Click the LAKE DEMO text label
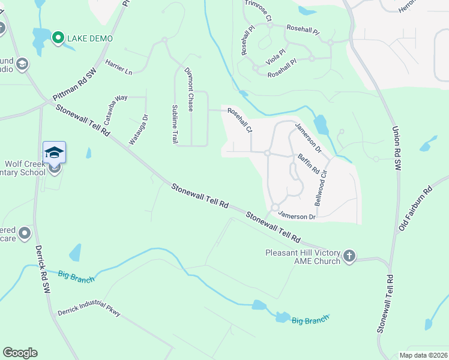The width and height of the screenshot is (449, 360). click(x=90, y=38)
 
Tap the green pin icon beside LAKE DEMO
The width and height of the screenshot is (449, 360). click(x=58, y=38)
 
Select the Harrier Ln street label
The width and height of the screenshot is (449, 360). click(x=118, y=67)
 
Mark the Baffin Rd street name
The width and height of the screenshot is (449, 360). click(x=308, y=163)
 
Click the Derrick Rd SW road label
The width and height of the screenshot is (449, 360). click(x=40, y=269)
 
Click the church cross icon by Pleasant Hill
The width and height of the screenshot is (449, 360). click(x=349, y=257)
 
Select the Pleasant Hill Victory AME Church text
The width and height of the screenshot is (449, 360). click(x=303, y=257)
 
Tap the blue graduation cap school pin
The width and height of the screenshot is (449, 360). click(x=54, y=152)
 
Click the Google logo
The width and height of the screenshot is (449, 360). click(x=20, y=353)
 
